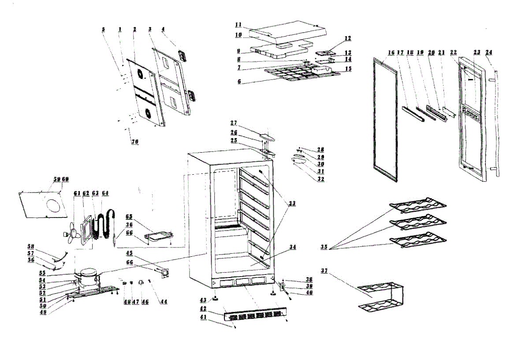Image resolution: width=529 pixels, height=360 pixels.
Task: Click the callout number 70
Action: (134, 142)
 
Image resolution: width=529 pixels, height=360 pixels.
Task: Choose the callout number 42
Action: (204, 308)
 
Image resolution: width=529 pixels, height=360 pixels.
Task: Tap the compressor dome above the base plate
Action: (87, 275)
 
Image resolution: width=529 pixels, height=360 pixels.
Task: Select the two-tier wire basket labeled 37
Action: (380, 296)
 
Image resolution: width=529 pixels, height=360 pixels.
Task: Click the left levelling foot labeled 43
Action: (216, 298)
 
